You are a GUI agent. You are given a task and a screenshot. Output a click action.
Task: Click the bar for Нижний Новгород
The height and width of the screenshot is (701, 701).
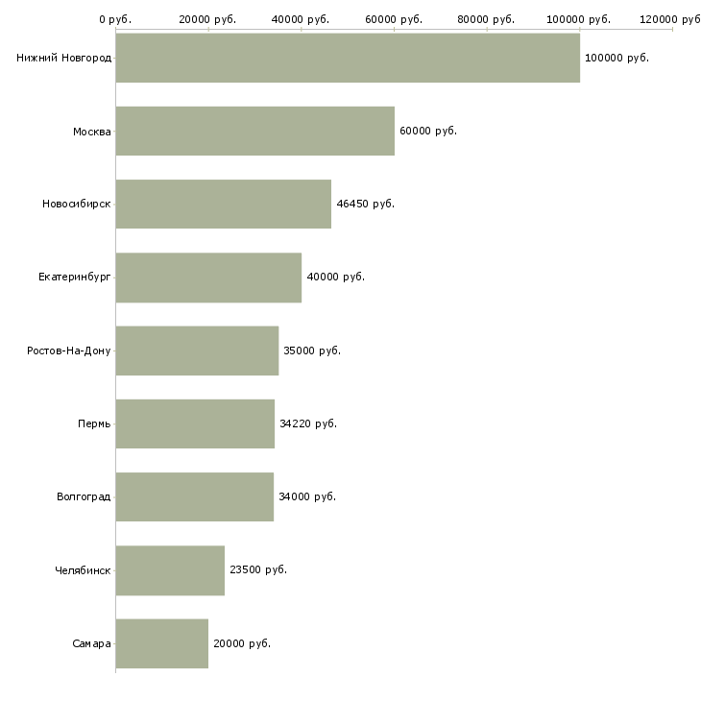tap(348, 58)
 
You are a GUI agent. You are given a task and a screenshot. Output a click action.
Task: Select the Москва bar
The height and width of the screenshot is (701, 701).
tap(255, 131)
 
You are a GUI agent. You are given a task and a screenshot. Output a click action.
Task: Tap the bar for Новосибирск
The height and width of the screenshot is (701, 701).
tap(224, 204)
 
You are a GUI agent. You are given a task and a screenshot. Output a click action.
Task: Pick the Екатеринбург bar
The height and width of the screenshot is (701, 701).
tap(208, 278)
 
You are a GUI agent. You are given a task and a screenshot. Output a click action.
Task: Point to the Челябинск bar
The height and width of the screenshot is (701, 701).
tap(170, 570)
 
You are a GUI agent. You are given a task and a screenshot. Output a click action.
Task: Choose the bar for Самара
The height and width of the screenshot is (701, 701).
tap(162, 643)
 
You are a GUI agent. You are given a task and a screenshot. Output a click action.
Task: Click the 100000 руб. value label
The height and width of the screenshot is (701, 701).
tap(616, 58)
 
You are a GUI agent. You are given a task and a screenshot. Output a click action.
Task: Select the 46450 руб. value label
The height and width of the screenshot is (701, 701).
tap(365, 204)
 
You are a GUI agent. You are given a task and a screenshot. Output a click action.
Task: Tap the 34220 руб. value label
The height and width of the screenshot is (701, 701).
tap(307, 423)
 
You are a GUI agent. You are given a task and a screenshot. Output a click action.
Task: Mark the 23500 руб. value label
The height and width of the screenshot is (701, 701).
tap(257, 569)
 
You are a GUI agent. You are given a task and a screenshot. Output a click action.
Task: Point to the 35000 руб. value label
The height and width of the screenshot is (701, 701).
tap(312, 350)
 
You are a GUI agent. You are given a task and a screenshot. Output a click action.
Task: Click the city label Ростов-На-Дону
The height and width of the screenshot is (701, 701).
tap(69, 350)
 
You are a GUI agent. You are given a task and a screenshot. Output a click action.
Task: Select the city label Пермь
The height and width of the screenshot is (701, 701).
tap(94, 423)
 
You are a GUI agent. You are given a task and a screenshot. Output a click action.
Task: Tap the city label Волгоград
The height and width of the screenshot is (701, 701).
tap(84, 496)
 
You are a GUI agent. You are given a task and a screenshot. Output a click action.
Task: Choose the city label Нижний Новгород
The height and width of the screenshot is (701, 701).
tap(63, 58)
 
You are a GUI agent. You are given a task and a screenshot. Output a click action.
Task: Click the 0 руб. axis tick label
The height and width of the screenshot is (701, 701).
tap(115, 19)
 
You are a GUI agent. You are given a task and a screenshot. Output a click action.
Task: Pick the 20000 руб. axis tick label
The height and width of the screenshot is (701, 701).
tap(207, 19)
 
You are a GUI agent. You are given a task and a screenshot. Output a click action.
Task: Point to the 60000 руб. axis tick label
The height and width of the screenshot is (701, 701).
tap(394, 19)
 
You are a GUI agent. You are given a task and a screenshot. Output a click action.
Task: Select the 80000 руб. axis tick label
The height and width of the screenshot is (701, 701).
tap(486, 19)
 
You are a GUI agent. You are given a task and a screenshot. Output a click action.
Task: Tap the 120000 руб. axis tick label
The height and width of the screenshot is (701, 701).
tap(670, 19)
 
